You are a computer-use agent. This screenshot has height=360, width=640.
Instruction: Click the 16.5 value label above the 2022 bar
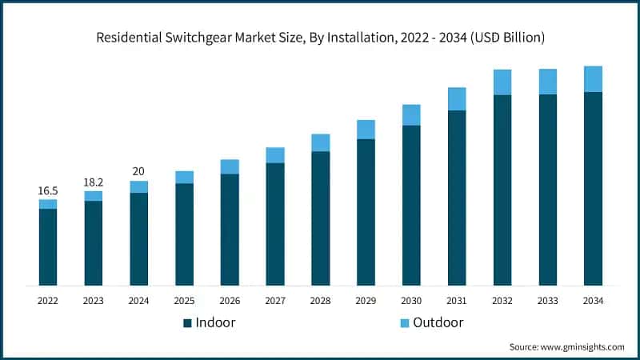tap(48, 191)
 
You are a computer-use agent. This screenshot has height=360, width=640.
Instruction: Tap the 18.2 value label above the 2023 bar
tap(94, 182)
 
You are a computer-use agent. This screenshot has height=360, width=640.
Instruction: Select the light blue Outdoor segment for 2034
tap(593, 79)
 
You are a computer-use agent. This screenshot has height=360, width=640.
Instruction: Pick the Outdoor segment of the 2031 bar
tap(457, 99)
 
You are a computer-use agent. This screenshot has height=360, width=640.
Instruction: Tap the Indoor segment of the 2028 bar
tap(321, 218)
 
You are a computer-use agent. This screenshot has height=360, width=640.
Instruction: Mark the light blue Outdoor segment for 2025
tap(184, 178)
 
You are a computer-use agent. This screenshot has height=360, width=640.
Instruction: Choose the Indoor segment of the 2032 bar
tap(502, 190)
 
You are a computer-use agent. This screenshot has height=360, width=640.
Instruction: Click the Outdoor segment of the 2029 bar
tap(366, 130)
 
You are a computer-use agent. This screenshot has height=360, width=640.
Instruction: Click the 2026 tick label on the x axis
tap(230, 301)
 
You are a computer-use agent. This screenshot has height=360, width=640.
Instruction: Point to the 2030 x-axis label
tap(411, 301)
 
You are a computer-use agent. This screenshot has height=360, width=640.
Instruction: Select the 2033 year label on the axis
tap(547, 301)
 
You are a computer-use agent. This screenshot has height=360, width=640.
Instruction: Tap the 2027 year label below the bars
tap(275, 301)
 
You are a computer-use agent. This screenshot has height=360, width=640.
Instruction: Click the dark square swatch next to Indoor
tap(187, 322)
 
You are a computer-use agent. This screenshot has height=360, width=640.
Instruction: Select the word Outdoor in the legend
tap(438, 322)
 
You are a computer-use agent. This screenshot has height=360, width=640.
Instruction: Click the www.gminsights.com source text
tap(583, 346)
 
